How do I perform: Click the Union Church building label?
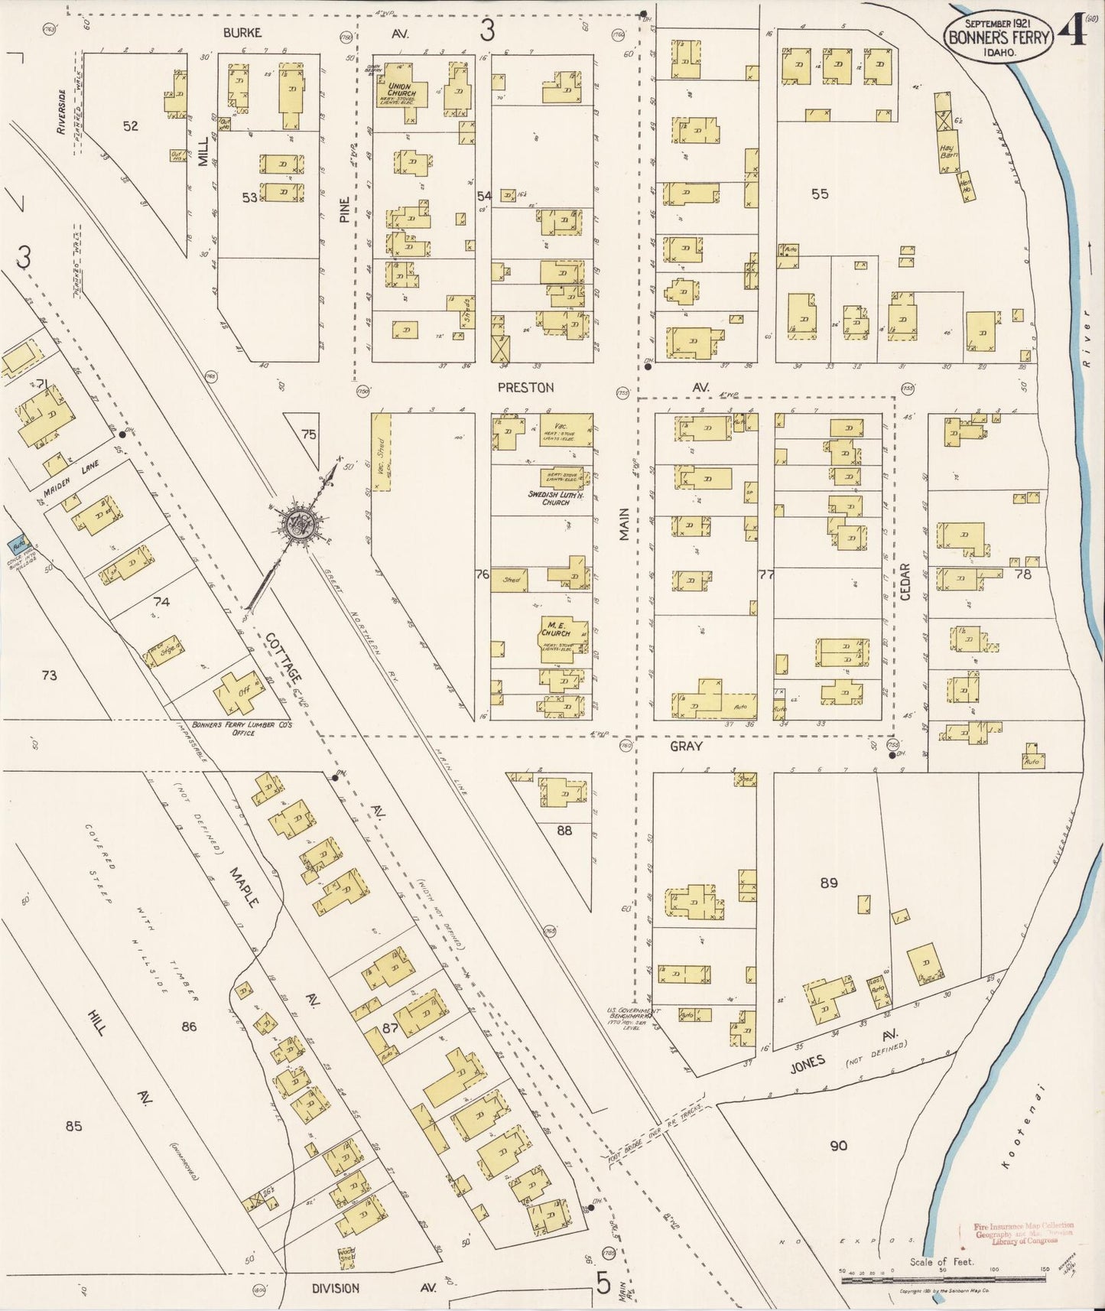(x=401, y=89)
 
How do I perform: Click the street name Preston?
(x=525, y=388)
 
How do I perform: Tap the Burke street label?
(x=242, y=33)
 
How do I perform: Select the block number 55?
(x=820, y=194)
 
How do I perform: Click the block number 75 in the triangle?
(x=308, y=434)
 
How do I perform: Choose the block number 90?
(x=839, y=1145)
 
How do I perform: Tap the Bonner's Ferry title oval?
(x=998, y=34)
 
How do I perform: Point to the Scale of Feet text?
(x=941, y=1262)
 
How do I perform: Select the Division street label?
(x=336, y=1288)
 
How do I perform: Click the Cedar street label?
(x=905, y=581)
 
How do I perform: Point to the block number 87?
(x=391, y=1028)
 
